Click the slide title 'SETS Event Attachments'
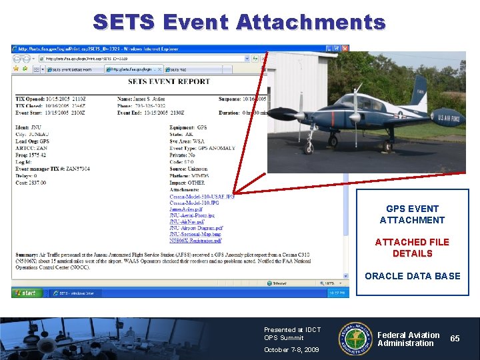click(x=239, y=22)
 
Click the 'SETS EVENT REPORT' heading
click(x=169, y=82)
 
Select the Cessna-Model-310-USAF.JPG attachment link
click(x=201, y=197)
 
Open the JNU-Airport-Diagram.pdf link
click(x=196, y=228)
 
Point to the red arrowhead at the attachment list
click(x=237, y=191)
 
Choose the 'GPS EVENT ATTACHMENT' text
click(x=412, y=214)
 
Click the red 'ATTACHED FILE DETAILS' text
click(x=412, y=247)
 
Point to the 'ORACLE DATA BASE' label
click(x=412, y=276)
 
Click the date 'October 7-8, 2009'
click(x=291, y=349)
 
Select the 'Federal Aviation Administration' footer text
click(x=408, y=339)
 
